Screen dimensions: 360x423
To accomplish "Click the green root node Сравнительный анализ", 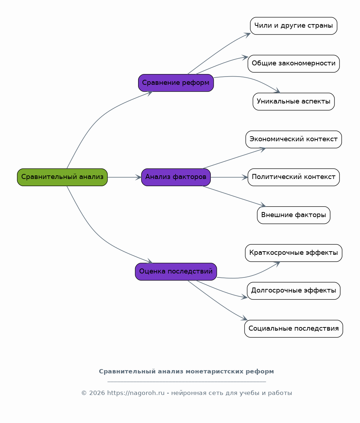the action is click(x=62, y=177).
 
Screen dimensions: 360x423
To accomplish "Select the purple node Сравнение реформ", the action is click(x=176, y=83).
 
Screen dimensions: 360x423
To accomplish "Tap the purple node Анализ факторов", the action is click(x=176, y=177).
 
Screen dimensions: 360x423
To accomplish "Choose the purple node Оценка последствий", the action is click(x=176, y=272).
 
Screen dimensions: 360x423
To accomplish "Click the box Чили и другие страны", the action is click(x=293, y=26).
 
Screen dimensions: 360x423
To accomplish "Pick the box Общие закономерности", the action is click(x=293, y=64).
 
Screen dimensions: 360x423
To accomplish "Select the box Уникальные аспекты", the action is click(x=293, y=101).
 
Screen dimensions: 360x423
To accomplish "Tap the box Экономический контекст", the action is click(x=293, y=139).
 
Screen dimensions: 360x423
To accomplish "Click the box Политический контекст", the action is click(x=293, y=177).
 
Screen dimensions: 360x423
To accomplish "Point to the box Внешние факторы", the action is click(x=293, y=215).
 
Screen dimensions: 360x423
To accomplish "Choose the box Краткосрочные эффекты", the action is click(x=293, y=253).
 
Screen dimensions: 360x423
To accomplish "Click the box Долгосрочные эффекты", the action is click(x=293, y=291).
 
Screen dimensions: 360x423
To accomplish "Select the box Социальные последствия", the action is click(x=293, y=328).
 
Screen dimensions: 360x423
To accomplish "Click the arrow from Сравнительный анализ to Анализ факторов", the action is click(x=124, y=177).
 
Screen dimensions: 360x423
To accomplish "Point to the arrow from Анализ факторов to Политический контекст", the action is click(x=229, y=177).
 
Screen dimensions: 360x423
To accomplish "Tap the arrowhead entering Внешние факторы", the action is click(x=263, y=205).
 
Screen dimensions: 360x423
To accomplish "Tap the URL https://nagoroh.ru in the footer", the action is click(x=136, y=393).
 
